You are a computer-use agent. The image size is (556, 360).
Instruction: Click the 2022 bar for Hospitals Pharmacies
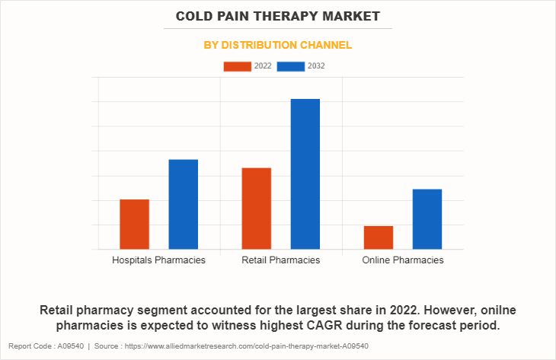click(x=134, y=224)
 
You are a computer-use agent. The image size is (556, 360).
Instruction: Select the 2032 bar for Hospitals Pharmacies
click(x=183, y=204)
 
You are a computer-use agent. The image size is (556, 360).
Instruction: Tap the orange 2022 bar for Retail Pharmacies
click(x=256, y=208)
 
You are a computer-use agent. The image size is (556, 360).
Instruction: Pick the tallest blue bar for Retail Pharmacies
click(x=305, y=174)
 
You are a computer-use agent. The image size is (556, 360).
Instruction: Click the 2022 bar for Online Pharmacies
click(x=378, y=237)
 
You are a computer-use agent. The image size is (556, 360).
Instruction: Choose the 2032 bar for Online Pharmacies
click(x=427, y=218)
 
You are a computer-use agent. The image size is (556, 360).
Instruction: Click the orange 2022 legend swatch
click(x=237, y=66)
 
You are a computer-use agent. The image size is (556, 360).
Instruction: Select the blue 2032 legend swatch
click(x=291, y=66)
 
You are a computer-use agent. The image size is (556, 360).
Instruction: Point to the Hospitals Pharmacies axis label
click(x=158, y=260)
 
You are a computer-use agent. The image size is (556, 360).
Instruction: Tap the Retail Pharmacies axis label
click(x=280, y=260)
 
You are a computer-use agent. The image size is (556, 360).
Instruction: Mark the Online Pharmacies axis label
click(x=402, y=260)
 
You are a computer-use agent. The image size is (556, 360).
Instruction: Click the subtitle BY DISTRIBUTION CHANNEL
click(x=278, y=45)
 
